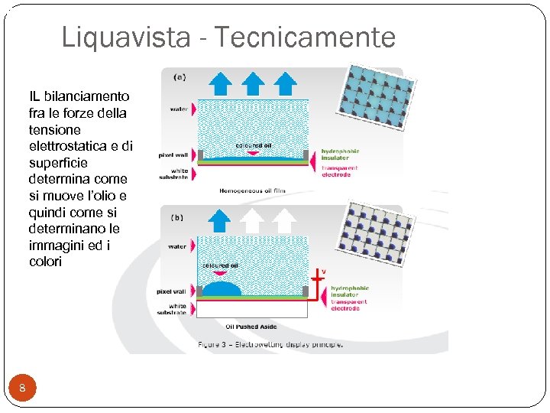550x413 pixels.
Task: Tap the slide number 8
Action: (23, 389)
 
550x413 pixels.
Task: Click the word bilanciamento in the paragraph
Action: (87, 96)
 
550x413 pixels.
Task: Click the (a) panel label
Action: (180, 76)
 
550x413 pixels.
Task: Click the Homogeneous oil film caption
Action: (250, 190)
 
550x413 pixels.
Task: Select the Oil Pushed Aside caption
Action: (252, 327)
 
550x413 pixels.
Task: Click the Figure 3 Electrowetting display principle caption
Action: (270, 344)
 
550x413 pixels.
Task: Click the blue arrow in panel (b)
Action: (220, 220)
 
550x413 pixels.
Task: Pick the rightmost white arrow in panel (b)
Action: (284, 220)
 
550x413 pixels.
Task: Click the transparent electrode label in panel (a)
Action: (336, 172)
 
